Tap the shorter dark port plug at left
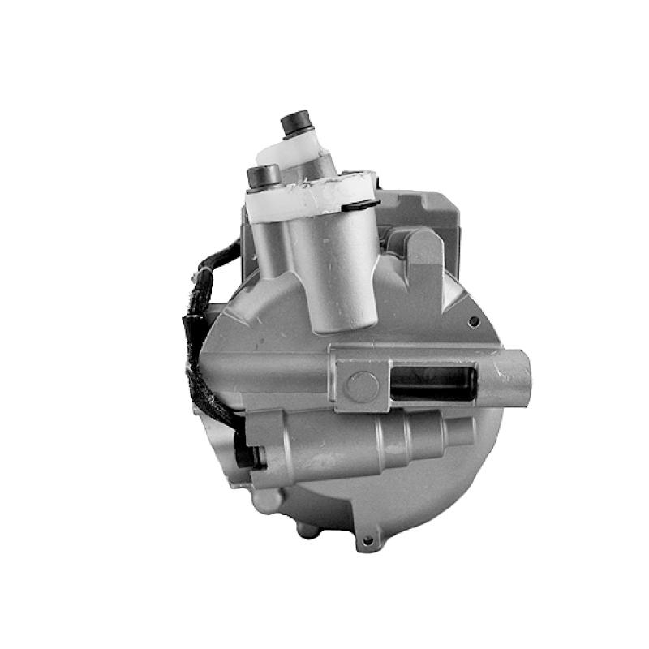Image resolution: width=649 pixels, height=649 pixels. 264,175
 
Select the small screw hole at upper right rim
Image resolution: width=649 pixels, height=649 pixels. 473,322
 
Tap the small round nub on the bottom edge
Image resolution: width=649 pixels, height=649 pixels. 307,531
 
